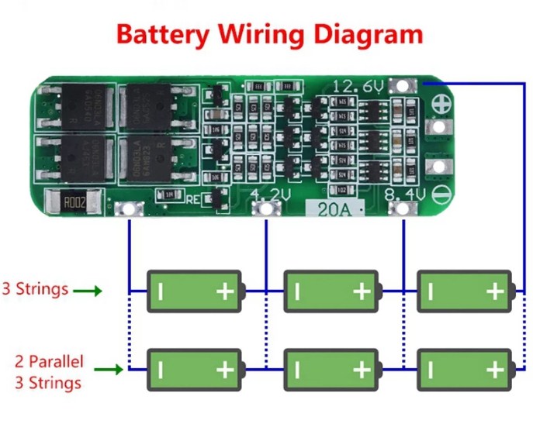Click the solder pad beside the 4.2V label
tap(266, 208)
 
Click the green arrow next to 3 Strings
tap(88, 291)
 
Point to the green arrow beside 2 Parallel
tap(108, 370)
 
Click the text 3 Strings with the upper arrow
tap(35, 290)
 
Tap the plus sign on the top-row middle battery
tap(361, 291)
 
